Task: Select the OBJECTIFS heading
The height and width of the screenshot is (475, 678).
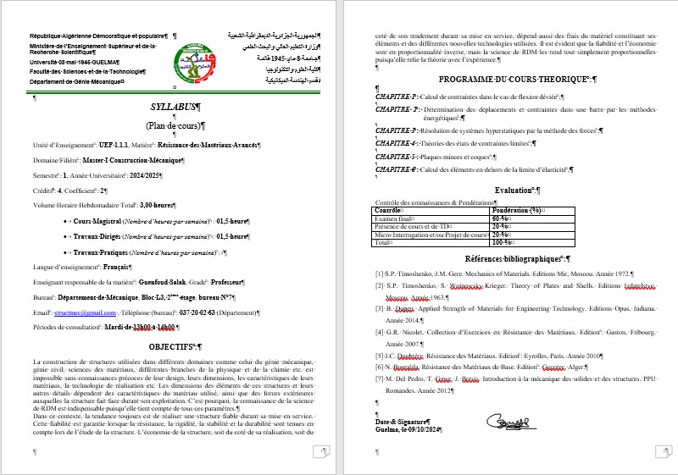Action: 172,347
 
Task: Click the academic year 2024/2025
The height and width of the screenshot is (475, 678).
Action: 142,174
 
